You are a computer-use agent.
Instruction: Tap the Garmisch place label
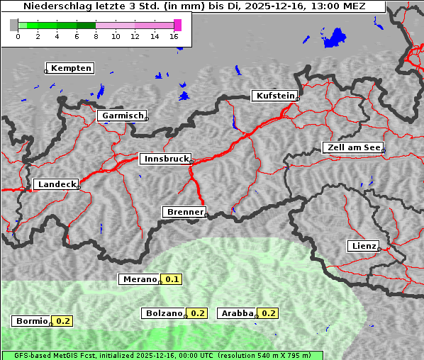123,116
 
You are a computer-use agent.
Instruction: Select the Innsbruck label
166,159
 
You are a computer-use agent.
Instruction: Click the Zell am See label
354,147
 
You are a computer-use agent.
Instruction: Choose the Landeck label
57,184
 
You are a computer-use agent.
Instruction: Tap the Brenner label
185,212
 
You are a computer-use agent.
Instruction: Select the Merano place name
140,279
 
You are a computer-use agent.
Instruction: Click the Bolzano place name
164,313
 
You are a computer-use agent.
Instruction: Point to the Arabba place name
237,313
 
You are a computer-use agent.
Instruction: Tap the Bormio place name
33,321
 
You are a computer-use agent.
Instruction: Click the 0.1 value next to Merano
172,279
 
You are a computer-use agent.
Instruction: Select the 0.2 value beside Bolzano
198,313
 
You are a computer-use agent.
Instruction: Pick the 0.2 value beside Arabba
268,313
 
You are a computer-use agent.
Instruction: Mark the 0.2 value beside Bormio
64,321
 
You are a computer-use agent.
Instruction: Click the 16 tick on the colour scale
174,36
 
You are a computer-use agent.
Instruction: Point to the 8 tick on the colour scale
96,36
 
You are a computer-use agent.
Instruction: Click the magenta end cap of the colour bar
177,25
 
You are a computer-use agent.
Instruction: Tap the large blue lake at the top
333,38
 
